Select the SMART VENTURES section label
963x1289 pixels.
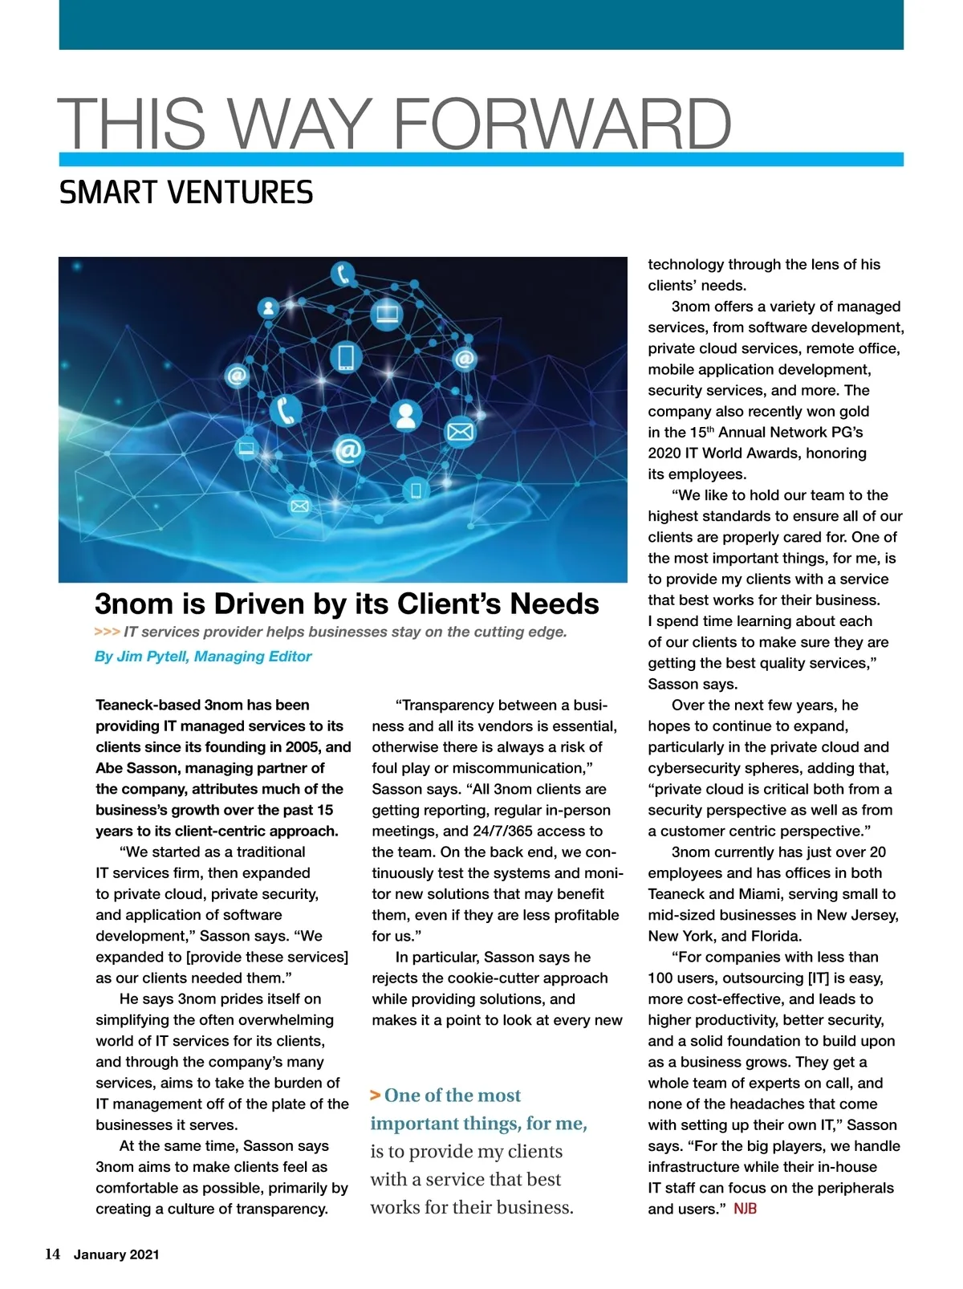click(x=186, y=193)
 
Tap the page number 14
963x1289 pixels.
click(x=52, y=1254)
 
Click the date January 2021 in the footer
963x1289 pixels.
click(x=116, y=1254)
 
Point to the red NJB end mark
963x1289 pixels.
click(x=745, y=1209)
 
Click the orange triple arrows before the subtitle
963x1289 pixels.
click(x=107, y=632)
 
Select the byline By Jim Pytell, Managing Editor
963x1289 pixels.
click(x=203, y=657)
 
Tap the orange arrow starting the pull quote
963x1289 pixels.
click(x=375, y=1096)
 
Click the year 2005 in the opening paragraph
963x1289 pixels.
click(x=302, y=747)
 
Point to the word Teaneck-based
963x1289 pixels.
click(x=148, y=705)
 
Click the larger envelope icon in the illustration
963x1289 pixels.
click(x=460, y=432)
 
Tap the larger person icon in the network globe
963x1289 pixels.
click(x=405, y=414)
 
